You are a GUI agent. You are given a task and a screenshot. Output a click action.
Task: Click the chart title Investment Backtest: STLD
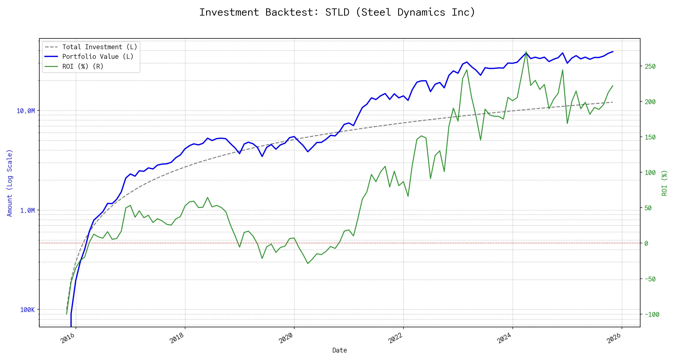(337, 12)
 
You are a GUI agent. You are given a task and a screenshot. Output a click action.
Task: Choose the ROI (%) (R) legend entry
(82, 67)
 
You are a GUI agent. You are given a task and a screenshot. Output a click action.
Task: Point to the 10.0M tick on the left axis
(26, 111)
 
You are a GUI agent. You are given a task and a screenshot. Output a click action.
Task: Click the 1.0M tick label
(28, 211)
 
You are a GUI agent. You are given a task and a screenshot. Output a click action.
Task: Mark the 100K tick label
(28, 310)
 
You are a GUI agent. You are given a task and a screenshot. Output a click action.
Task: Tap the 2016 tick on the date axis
(68, 338)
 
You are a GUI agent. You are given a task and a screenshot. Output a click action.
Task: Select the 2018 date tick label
(177, 338)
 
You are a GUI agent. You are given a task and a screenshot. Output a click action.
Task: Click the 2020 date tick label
(286, 338)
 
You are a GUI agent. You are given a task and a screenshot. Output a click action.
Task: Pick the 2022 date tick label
(395, 338)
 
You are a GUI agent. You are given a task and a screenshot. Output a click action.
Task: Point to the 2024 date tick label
(505, 338)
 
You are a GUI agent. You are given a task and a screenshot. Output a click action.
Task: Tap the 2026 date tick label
(614, 338)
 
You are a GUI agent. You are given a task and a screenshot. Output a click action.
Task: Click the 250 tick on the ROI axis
(650, 67)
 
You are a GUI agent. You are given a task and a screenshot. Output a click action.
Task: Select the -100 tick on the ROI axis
(652, 315)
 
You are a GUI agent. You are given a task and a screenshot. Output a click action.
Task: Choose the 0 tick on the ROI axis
(646, 244)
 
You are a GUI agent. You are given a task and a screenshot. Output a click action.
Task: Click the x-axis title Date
(340, 350)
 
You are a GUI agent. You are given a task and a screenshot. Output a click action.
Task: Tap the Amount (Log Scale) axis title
(10, 183)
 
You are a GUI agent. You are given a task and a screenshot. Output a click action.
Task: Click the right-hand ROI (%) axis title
(664, 183)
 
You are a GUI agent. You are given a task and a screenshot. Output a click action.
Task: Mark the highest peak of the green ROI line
(526, 52)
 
